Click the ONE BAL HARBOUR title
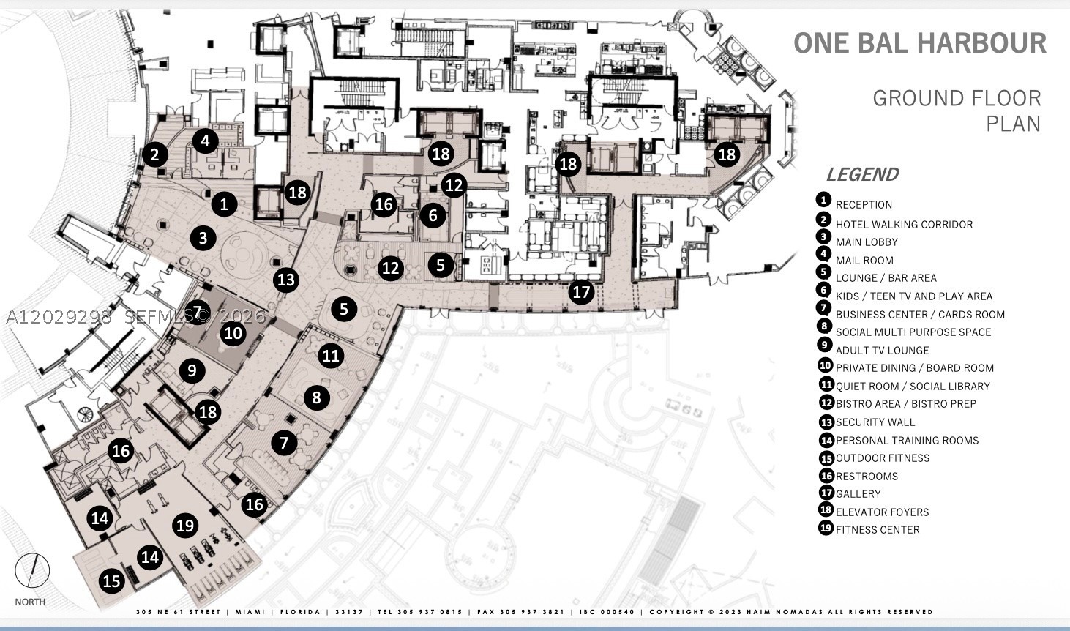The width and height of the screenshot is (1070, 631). coord(920,43)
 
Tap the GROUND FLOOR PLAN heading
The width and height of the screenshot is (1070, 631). coord(957,111)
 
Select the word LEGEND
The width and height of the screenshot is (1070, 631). coord(863,174)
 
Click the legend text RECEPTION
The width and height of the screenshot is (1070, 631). coord(864,205)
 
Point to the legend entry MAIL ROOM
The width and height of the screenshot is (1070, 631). coord(864,261)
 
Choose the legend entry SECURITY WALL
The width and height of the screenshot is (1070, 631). coord(875,422)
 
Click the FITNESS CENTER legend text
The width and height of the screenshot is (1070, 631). coord(878,530)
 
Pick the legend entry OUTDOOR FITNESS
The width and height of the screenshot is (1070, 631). coord(882,458)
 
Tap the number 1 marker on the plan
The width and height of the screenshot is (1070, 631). coord(224,204)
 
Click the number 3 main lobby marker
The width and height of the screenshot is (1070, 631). coord(203,238)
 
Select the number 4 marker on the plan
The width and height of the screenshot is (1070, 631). coord(206,141)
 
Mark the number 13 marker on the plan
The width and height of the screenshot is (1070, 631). coord(286,280)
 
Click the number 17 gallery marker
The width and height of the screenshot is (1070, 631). coord(581,292)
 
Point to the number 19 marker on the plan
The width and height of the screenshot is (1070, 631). coord(185,526)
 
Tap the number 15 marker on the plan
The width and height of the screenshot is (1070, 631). coord(112,580)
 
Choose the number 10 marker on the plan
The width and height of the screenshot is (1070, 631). coord(233,332)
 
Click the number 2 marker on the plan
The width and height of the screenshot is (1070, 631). coord(154,154)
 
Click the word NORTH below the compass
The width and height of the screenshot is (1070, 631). coord(30,602)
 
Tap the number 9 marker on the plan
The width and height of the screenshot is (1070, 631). coord(192,370)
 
